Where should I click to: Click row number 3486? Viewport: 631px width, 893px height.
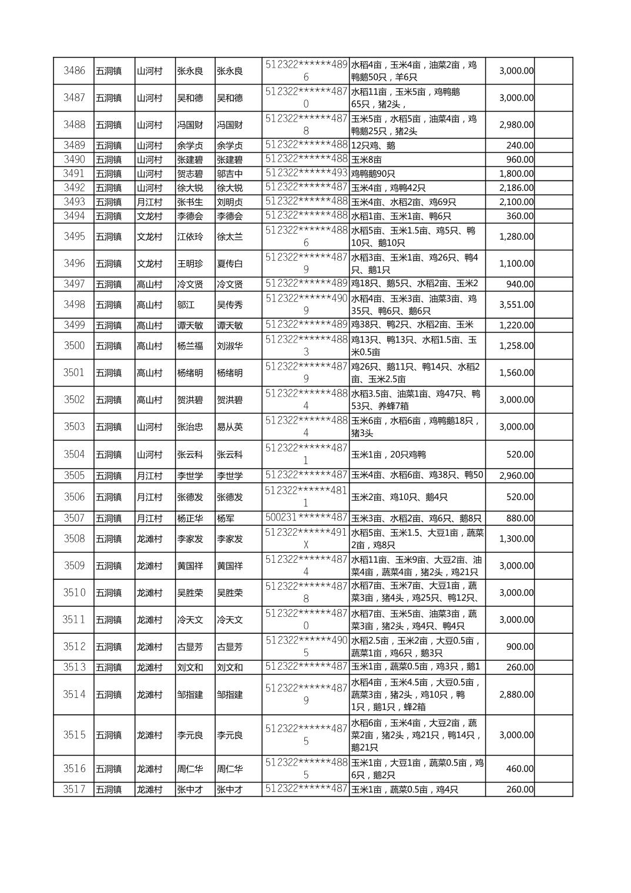pyautogui.click(x=74, y=71)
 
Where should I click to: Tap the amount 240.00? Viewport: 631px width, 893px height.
pyautogui.click(x=520, y=146)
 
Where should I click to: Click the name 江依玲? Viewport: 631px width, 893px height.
pyautogui.click(x=190, y=237)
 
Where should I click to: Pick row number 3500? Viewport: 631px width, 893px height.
pyautogui.click(x=74, y=346)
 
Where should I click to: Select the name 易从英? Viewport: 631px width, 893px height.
pyautogui.click(x=230, y=427)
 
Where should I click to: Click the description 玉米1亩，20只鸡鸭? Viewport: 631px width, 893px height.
pyautogui.click(x=388, y=455)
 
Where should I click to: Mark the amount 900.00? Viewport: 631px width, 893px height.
pyautogui.click(x=520, y=647)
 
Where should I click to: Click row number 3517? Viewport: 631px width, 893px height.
pyautogui.click(x=74, y=790)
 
